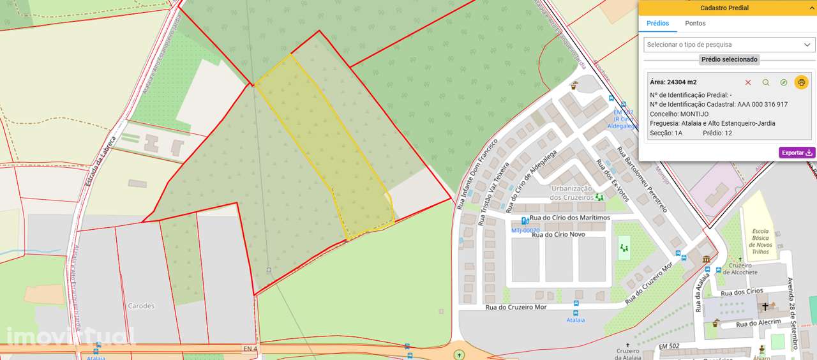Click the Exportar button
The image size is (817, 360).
click(x=797, y=153)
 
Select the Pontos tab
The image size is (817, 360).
click(x=695, y=24)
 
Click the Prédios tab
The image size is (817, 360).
click(x=657, y=24)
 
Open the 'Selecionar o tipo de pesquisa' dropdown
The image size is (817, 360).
click(x=728, y=45)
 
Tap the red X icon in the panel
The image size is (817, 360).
click(x=748, y=82)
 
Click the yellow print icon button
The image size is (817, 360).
click(x=801, y=82)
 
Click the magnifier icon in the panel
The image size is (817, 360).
click(x=766, y=82)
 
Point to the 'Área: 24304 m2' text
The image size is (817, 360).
click(x=673, y=82)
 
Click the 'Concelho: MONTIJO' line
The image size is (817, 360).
click(x=679, y=114)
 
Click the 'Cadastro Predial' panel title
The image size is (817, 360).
click(x=724, y=8)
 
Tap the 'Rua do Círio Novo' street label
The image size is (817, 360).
click(x=558, y=234)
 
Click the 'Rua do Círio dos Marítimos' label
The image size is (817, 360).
click(x=566, y=218)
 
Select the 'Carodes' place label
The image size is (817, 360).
click(x=141, y=306)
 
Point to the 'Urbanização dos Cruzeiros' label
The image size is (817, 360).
click(x=572, y=193)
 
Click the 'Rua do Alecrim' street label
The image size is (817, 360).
click(x=758, y=323)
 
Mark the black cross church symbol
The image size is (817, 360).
click(x=765, y=307)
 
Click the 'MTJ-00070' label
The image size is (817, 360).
click(x=525, y=230)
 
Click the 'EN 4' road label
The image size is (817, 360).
click(x=250, y=349)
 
